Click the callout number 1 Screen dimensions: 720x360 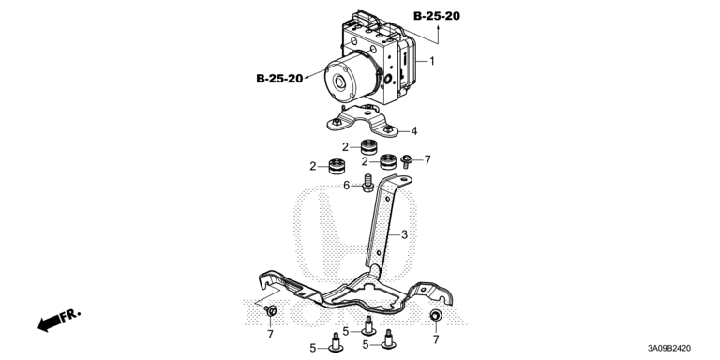(x=431, y=61)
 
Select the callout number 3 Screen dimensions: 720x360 (x=404, y=234)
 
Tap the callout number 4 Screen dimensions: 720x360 (x=414, y=131)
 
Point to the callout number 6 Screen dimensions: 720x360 (x=347, y=186)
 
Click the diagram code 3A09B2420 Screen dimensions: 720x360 (x=670, y=349)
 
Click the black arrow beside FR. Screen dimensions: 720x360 (x=49, y=322)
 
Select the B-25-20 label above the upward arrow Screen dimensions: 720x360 (x=437, y=16)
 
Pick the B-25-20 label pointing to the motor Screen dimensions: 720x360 (x=279, y=79)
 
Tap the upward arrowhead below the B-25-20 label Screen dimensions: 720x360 (x=438, y=28)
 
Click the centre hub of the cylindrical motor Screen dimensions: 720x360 (x=340, y=82)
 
